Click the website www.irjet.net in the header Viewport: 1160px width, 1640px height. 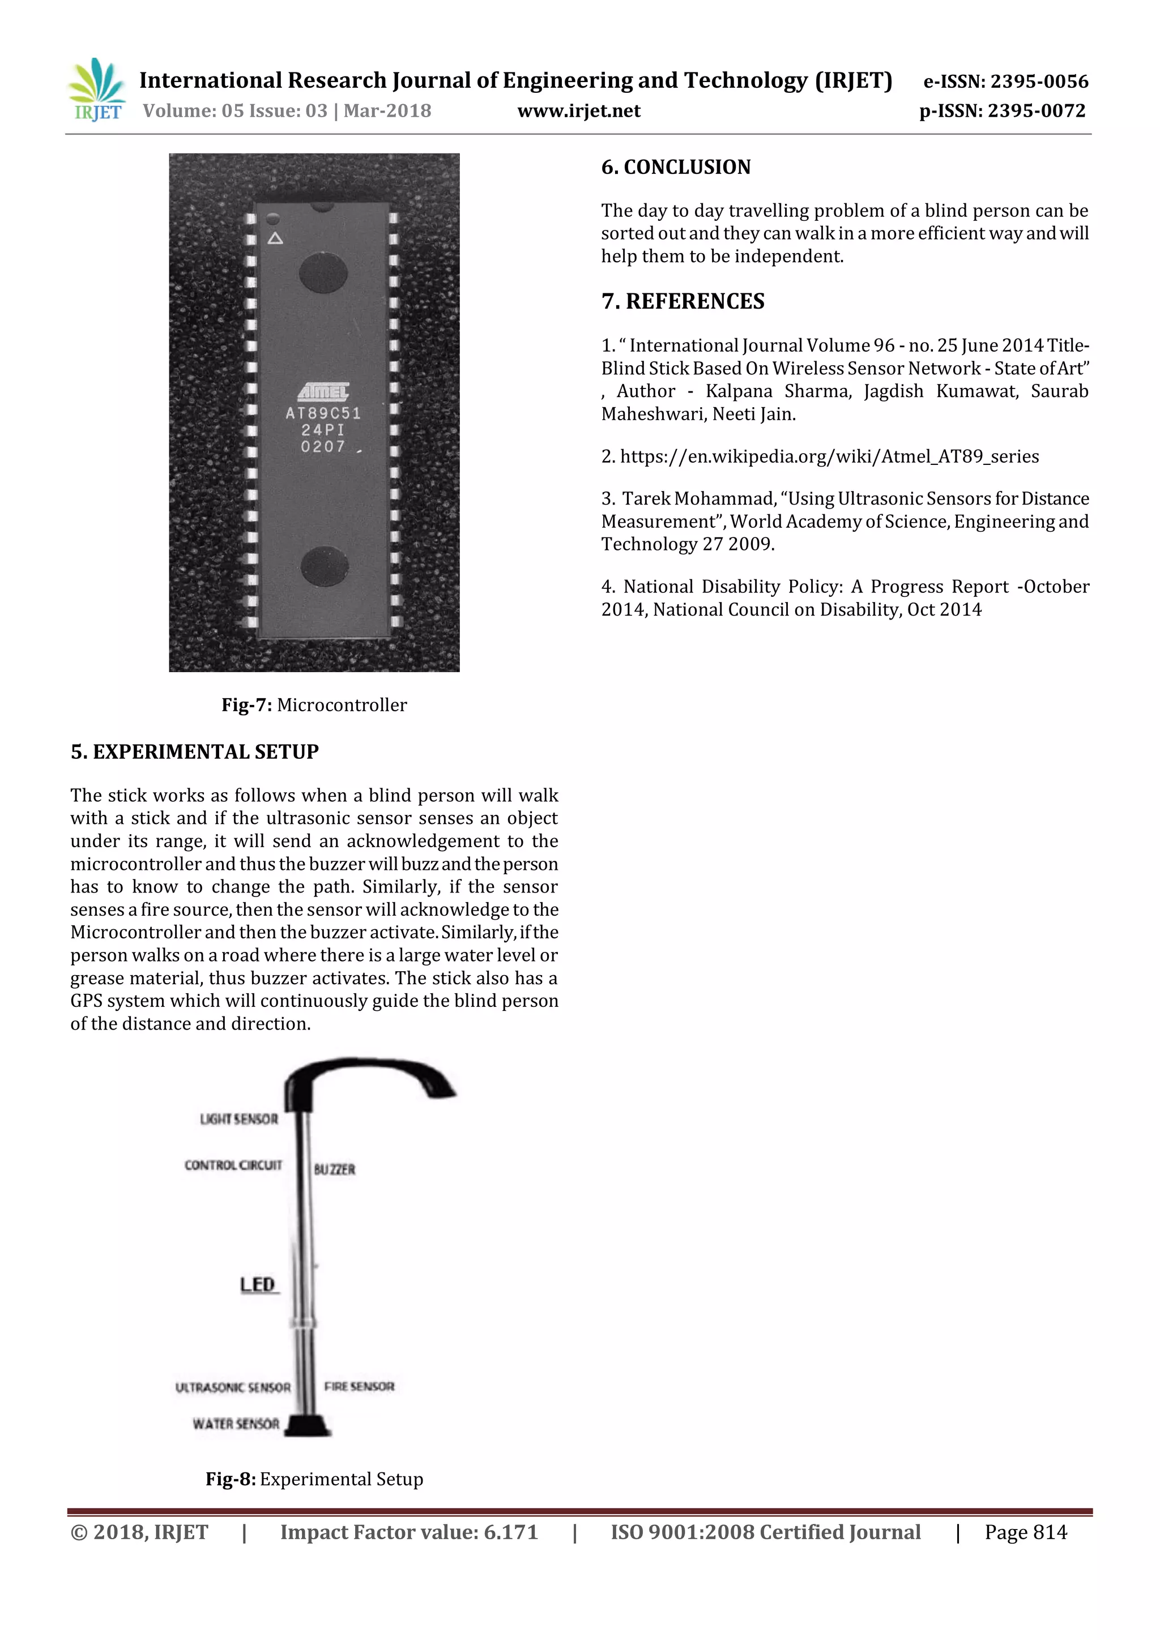pos(578,111)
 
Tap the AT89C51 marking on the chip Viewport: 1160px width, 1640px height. pos(323,413)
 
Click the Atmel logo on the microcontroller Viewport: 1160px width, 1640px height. pos(323,391)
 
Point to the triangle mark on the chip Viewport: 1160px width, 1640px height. pos(275,238)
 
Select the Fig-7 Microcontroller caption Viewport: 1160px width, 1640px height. pos(314,705)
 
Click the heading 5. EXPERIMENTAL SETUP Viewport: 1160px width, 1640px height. pos(194,751)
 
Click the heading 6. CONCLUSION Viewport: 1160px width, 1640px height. pos(676,167)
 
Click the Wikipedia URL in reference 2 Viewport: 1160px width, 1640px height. pos(829,456)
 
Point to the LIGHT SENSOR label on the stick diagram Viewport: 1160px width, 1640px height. pos(238,1118)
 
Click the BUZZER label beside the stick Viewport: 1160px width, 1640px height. pos(334,1169)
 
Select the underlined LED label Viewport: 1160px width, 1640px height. pos(258,1285)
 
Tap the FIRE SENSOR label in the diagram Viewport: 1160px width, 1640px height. pos(359,1386)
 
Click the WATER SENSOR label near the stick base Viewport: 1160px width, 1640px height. pos(236,1424)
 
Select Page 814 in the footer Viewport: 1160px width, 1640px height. pos(1025,1532)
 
